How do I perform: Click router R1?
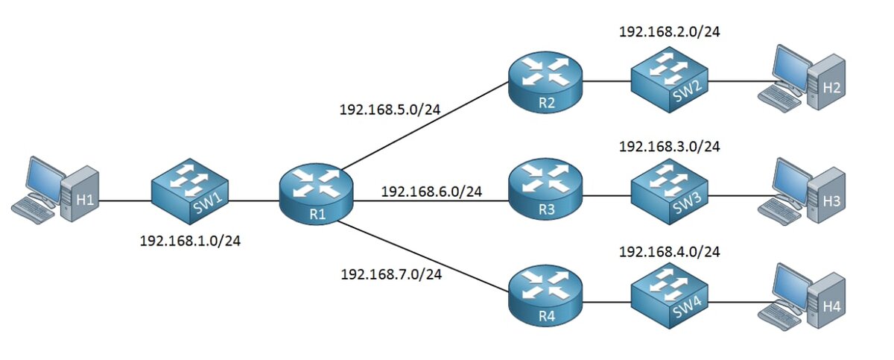coord(317,194)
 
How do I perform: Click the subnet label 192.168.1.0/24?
coord(191,241)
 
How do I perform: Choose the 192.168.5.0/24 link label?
coord(390,110)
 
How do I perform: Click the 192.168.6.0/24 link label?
coord(431,192)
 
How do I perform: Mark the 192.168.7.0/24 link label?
coord(390,275)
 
